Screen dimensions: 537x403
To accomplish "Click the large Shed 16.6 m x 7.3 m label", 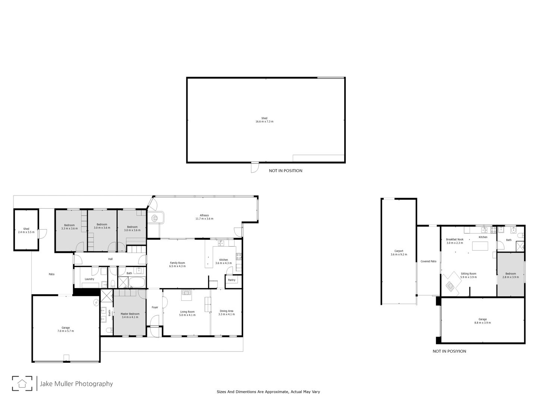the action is click(x=264, y=120).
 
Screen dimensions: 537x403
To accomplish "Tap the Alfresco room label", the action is click(x=204, y=217).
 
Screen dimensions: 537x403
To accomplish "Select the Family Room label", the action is click(x=178, y=264).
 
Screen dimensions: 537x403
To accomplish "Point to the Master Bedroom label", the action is click(x=130, y=315).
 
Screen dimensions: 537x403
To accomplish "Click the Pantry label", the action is click(x=232, y=280).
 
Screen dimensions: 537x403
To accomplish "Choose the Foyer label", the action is click(x=155, y=307).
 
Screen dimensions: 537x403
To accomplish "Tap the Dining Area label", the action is click(x=226, y=312).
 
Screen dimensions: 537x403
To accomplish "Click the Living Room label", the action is click(x=187, y=313).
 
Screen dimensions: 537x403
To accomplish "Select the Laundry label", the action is click(x=89, y=279).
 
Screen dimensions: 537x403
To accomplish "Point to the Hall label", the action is click(x=110, y=259).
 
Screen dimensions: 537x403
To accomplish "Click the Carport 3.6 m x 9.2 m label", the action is click(x=399, y=253).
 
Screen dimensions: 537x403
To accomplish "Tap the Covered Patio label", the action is click(x=428, y=261).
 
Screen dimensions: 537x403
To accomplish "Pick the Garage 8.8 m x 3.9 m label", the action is click(x=483, y=321).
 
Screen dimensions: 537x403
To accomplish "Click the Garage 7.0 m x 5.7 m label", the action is click(x=66, y=329).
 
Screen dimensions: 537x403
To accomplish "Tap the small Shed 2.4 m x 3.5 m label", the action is click(x=26, y=230).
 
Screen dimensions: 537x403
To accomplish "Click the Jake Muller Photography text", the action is click(x=76, y=384).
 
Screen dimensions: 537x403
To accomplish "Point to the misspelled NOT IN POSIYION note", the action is click(x=449, y=351).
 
